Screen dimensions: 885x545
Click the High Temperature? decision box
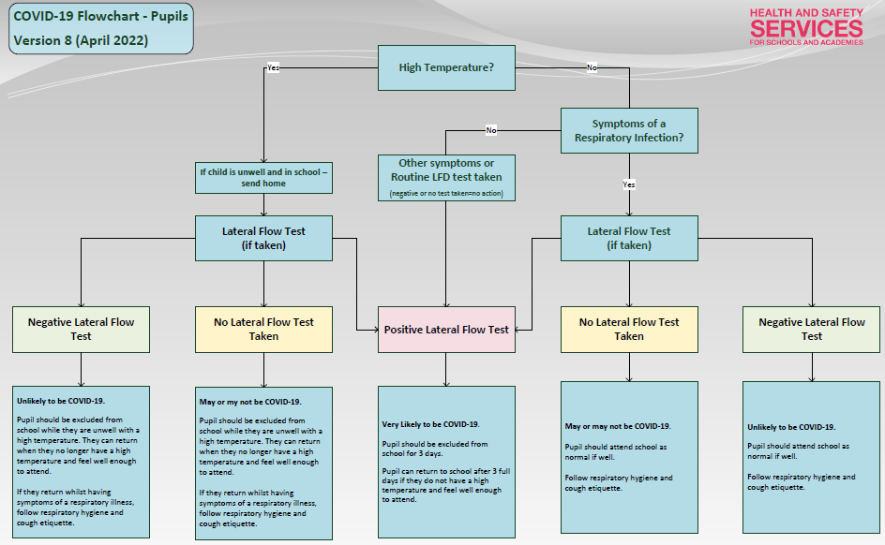point(446,67)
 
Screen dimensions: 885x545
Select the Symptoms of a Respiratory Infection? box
point(629,131)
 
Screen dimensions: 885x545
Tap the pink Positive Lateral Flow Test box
point(446,330)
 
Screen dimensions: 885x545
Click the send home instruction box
point(263,178)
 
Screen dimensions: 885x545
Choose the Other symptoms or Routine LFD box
point(446,178)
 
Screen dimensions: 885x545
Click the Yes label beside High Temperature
point(273,67)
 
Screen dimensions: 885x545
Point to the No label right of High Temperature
point(592,67)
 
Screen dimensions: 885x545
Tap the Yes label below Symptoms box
point(629,184)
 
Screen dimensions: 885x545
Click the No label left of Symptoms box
point(491,130)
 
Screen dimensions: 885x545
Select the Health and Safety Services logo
point(806,26)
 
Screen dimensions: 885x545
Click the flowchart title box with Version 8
point(101,28)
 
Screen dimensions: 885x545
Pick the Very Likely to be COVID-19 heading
point(430,424)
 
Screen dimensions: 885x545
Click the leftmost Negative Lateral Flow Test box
point(81,330)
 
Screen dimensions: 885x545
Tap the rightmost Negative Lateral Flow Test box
point(812,330)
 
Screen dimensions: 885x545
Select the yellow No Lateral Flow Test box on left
point(263,330)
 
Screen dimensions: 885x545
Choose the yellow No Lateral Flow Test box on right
point(629,330)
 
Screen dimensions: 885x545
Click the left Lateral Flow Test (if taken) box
point(263,239)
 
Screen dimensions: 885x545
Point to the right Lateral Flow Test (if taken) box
point(629,239)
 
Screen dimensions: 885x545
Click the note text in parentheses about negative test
point(446,193)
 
